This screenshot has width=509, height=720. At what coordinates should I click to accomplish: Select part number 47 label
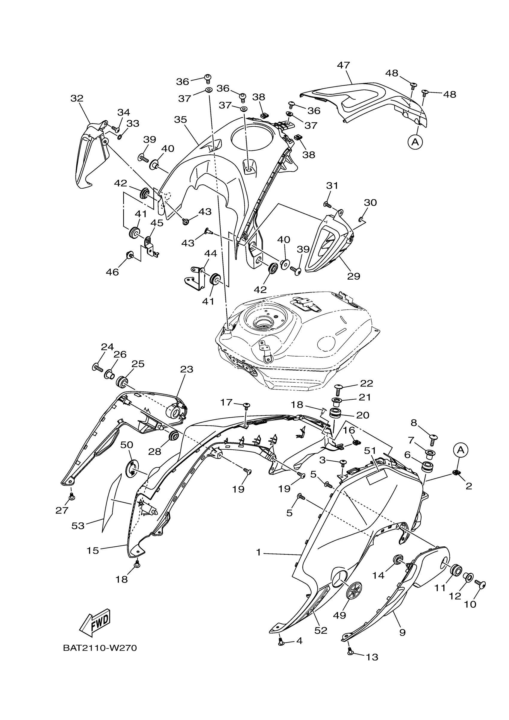(343, 65)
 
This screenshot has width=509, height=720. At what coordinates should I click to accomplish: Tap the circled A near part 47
(415, 142)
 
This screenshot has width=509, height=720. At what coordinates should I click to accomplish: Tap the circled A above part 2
(460, 450)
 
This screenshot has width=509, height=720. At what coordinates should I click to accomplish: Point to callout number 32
(77, 98)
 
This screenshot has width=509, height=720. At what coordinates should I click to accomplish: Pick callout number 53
(78, 526)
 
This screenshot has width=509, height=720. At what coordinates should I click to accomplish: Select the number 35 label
(180, 119)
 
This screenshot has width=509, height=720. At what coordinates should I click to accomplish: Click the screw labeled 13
(350, 652)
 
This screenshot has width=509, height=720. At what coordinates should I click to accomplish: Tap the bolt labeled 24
(98, 367)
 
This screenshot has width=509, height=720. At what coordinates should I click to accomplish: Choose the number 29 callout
(353, 276)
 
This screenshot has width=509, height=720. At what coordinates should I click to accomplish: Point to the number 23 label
(187, 369)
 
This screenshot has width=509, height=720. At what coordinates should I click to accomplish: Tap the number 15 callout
(93, 550)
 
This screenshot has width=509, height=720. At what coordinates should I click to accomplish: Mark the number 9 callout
(402, 632)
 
